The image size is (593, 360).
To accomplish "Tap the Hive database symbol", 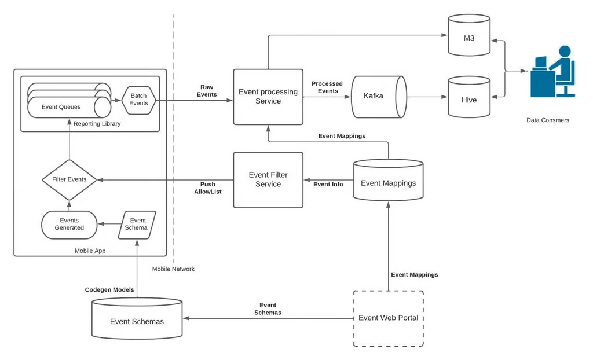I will (469, 98).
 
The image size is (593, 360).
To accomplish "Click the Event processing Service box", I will (268, 97).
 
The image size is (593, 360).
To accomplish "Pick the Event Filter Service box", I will (268, 179).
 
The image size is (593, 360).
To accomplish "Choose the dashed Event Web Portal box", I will (388, 318).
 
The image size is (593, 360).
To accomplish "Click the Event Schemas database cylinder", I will (137, 320).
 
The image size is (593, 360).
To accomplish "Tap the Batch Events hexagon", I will (139, 100).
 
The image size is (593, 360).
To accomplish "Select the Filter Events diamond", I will (69, 179).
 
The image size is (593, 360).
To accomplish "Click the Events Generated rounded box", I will (69, 225).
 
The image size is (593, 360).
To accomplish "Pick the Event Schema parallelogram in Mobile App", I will (137, 225).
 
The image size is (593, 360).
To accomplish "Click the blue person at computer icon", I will (553, 72).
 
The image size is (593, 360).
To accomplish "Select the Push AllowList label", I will (207, 188).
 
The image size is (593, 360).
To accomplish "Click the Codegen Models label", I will (109, 289).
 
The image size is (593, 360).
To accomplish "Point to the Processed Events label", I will (327, 87).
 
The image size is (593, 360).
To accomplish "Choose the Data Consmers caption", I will (548, 120).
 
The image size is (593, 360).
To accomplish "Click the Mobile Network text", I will (173, 269).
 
